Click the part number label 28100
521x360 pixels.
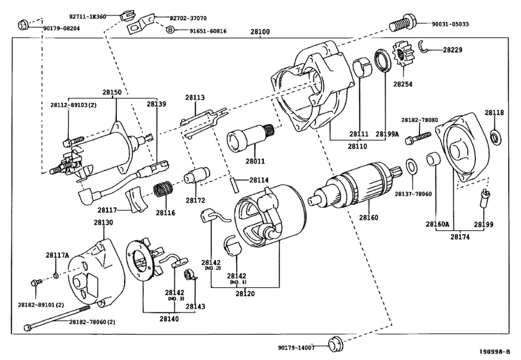[260, 32]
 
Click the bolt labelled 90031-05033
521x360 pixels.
[402, 22]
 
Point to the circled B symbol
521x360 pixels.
[170, 30]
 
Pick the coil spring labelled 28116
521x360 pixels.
[163, 189]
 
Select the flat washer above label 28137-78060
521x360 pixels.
[411, 167]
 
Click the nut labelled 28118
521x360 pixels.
[495, 137]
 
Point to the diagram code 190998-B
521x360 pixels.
[494, 352]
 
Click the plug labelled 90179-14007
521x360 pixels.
[335, 345]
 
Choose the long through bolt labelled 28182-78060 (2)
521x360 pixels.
[57, 318]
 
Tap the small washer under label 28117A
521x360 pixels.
[56, 275]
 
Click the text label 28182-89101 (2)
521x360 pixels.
[41, 305]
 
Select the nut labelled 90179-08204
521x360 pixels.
[23, 24]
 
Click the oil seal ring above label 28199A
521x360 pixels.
[383, 60]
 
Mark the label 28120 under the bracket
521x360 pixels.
[245, 294]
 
